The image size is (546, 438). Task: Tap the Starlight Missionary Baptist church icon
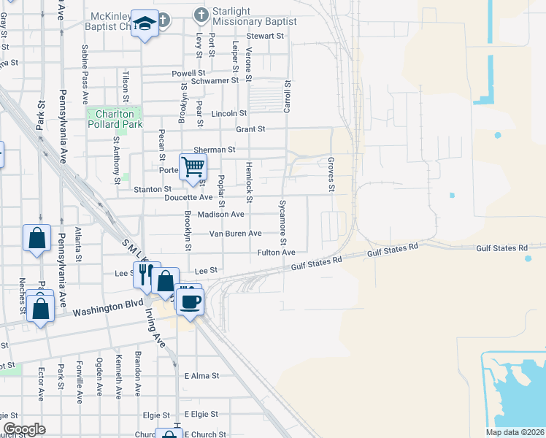point(201,14)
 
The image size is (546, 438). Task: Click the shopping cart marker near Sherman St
point(193,166)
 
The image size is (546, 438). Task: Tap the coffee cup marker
point(189,301)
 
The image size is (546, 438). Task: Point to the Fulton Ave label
point(277,253)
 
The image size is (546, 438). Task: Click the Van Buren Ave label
point(235,234)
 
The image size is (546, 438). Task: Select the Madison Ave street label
point(221,215)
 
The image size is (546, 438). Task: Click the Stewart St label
point(264,36)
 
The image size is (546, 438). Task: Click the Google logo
point(24,429)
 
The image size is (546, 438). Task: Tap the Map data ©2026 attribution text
point(515,432)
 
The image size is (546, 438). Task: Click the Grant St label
point(250,129)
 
